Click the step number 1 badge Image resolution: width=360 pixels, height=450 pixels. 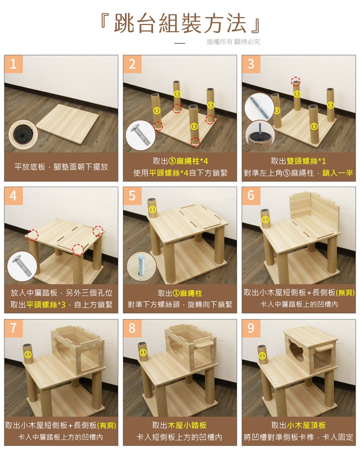(13, 64)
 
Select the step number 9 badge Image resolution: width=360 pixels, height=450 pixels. (251, 328)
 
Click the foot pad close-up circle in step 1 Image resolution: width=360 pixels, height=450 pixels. (23, 134)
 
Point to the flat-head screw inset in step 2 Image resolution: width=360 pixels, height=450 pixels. (141, 135)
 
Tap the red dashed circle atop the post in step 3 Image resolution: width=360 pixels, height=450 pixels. (296, 81)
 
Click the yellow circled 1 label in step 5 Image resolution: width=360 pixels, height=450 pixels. (153, 210)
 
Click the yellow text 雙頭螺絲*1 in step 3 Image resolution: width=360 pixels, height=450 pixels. (306, 161)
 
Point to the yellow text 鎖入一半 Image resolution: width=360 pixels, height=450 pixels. (337, 173)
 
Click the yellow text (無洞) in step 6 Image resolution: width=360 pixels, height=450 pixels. (345, 293)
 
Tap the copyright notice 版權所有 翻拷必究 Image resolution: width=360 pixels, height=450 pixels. (233, 42)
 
